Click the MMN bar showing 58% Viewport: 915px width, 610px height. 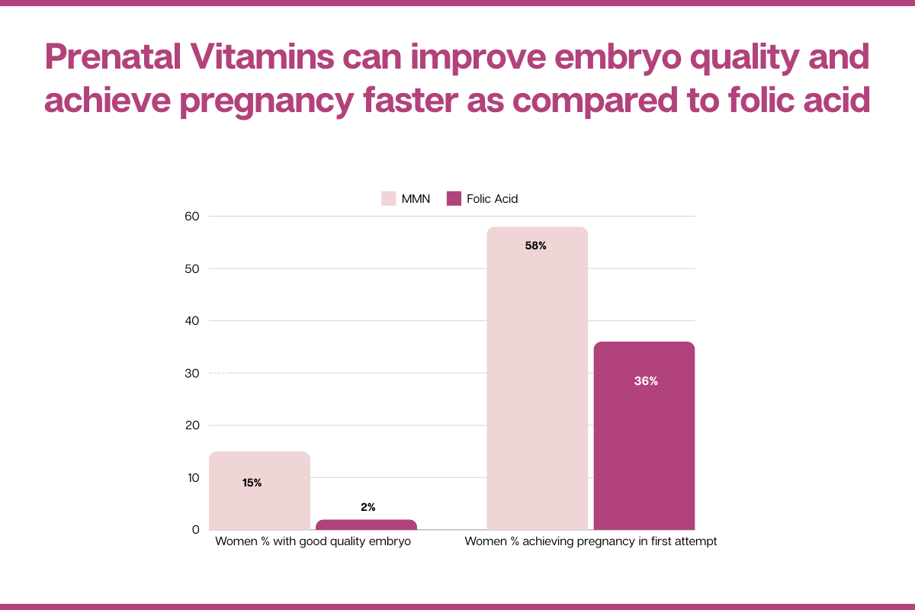(537, 381)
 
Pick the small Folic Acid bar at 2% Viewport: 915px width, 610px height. (366, 525)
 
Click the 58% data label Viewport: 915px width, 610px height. (536, 246)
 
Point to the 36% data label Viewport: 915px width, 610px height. (646, 381)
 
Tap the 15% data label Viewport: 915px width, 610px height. (252, 483)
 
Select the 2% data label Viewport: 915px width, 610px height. (368, 507)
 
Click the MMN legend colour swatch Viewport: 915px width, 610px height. (388, 199)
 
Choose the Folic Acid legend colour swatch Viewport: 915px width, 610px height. (454, 199)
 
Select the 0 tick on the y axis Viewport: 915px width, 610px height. (195, 530)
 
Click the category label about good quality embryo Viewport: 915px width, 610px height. (313, 542)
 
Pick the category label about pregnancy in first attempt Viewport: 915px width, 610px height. (591, 542)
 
